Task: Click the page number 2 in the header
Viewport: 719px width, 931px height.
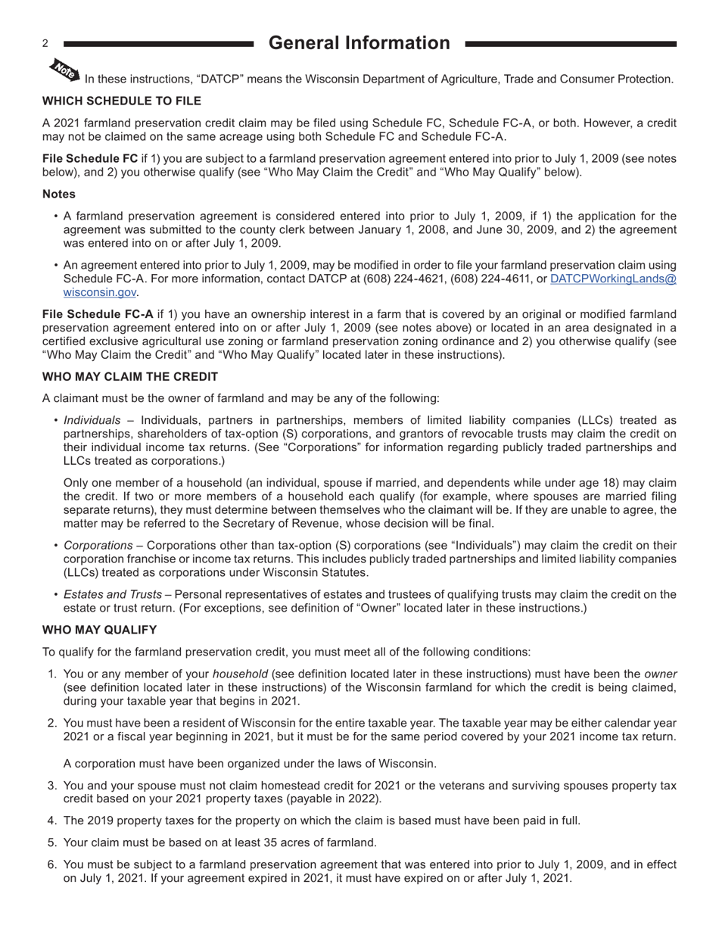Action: (45, 44)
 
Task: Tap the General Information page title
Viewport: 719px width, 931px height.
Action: (359, 43)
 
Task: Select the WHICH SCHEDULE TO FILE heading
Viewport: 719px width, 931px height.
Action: (122, 101)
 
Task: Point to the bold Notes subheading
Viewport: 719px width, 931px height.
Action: (59, 195)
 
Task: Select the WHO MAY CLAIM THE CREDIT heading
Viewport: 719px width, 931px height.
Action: (130, 377)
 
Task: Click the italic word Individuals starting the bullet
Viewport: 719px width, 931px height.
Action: (92, 420)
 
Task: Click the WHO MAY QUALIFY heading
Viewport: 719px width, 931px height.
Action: (100, 630)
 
